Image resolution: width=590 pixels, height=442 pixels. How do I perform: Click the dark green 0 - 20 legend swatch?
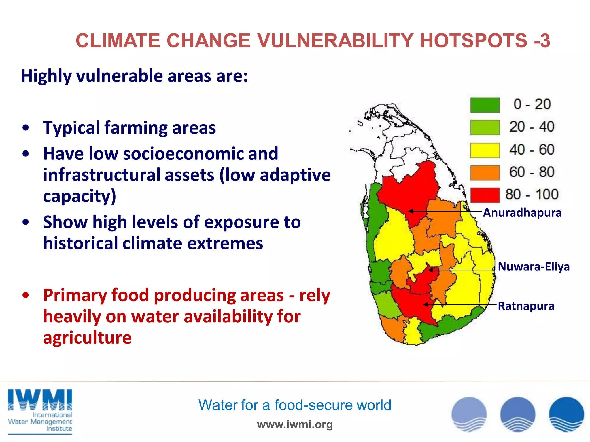(x=485, y=105)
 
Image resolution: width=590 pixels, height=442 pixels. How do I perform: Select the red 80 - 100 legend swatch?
(x=485, y=195)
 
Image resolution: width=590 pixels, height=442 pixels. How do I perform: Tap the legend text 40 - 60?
(x=532, y=150)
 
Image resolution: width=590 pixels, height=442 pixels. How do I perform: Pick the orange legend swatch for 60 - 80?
(x=485, y=173)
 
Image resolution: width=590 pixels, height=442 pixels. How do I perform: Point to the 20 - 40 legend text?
(x=532, y=127)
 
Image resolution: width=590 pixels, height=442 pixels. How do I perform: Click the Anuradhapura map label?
(x=522, y=213)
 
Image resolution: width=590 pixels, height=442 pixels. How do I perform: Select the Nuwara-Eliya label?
(x=534, y=267)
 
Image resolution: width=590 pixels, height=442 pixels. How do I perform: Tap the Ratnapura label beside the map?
(x=526, y=306)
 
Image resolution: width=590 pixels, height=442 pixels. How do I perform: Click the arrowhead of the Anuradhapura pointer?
(x=410, y=211)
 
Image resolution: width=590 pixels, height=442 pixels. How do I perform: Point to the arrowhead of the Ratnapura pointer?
(x=425, y=304)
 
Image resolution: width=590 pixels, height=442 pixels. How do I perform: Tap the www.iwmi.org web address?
(x=295, y=424)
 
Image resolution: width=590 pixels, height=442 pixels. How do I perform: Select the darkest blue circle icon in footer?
(x=566, y=414)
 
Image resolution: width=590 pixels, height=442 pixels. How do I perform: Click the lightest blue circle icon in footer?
(x=469, y=414)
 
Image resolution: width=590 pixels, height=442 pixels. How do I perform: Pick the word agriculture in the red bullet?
(x=87, y=338)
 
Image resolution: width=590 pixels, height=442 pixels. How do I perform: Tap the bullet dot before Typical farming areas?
(x=26, y=128)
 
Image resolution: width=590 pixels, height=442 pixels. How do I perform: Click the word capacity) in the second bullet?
(x=80, y=197)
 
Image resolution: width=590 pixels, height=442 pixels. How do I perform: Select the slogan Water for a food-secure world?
(x=295, y=405)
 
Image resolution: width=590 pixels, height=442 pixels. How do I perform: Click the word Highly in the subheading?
(x=46, y=76)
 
